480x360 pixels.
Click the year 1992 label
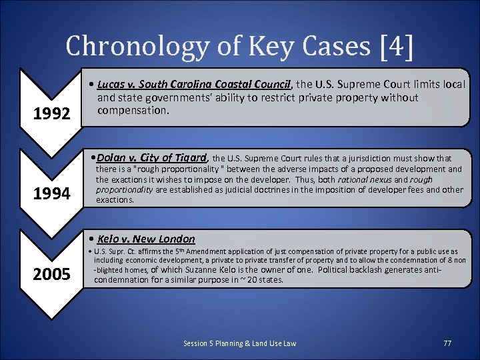pos(52,114)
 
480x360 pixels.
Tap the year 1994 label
pos(52,194)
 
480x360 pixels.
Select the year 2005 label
pos(52,273)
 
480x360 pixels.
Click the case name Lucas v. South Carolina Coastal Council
pos(194,85)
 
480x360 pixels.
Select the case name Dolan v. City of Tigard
pos(152,158)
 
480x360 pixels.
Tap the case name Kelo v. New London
pos(146,239)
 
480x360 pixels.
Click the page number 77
pos(447,343)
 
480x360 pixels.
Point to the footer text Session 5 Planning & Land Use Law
pos(240,343)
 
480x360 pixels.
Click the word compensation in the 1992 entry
pos(131,110)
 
